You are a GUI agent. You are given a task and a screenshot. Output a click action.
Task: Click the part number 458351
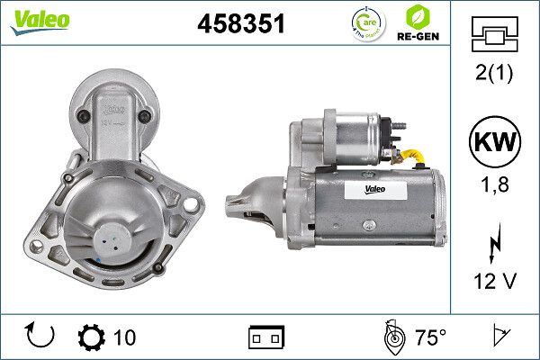(241, 25)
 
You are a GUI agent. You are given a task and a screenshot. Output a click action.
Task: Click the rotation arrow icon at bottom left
(41, 337)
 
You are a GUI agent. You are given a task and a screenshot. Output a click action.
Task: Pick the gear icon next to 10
(92, 337)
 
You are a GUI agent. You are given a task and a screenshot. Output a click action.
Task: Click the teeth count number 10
(125, 337)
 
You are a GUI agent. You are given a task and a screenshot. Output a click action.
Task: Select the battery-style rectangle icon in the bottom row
(266, 337)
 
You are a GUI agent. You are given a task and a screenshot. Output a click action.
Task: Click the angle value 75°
(430, 337)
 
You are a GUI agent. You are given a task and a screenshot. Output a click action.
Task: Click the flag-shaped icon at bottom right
(499, 337)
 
